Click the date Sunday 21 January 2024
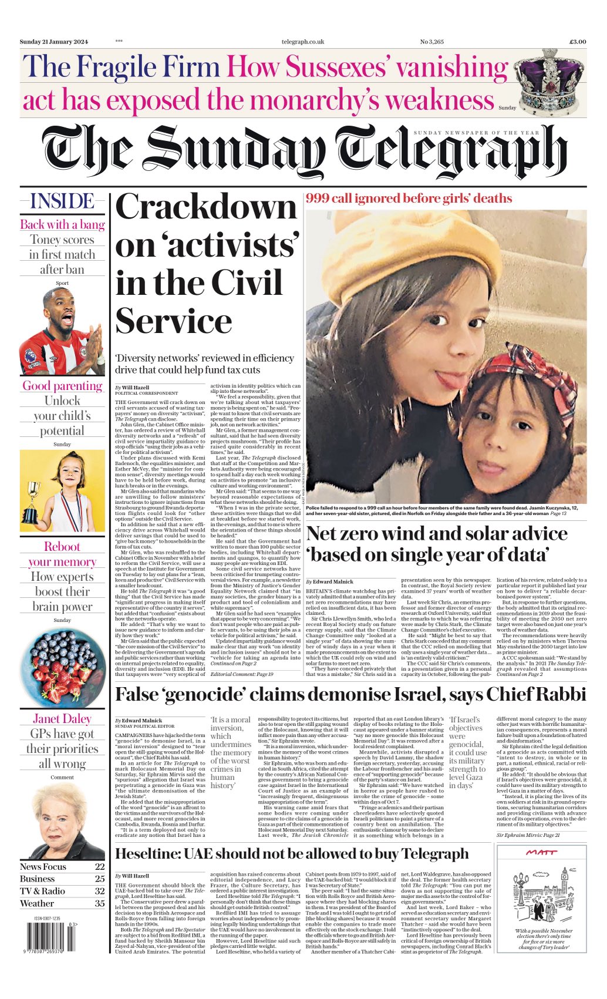point(53,42)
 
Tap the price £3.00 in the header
point(577,42)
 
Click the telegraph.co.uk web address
point(303,42)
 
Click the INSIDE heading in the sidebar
point(62,201)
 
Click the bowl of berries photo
point(62,666)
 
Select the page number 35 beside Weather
point(100,903)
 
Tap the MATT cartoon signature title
point(541,852)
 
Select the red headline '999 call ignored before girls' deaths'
point(409,199)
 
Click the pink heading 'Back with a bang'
point(62,224)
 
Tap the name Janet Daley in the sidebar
point(62,718)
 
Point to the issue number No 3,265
point(431,42)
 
